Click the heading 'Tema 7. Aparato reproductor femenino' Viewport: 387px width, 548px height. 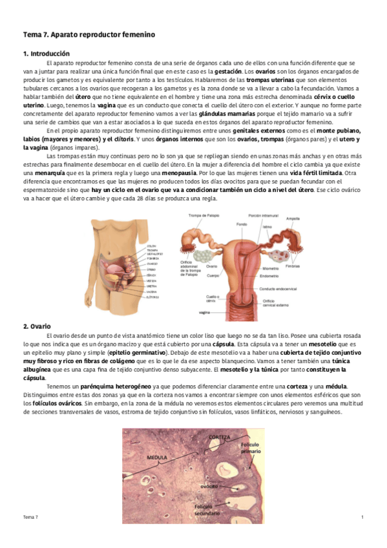coord(89,33)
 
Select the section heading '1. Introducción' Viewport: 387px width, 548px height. coord(47,53)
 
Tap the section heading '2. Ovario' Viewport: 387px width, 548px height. coord(37,326)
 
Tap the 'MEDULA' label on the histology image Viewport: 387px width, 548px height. coord(158,457)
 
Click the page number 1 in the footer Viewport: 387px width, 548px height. coord(362,518)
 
